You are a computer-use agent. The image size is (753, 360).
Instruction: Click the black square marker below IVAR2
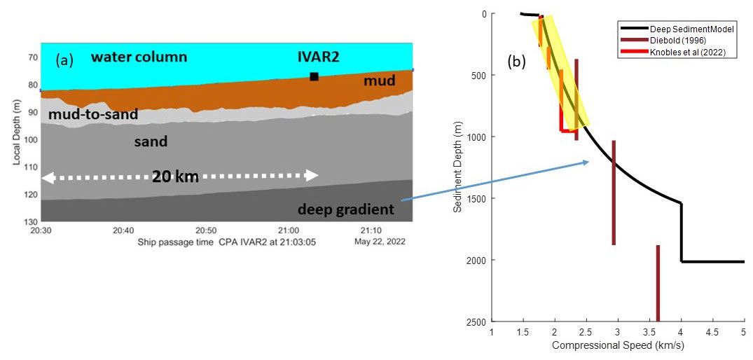point(314,76)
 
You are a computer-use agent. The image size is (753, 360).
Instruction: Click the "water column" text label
point(139,57)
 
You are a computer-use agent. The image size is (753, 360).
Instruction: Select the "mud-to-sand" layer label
point(93,114)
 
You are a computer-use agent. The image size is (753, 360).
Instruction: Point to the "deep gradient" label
point(345,209)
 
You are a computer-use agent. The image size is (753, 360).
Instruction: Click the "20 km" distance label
point(175,176)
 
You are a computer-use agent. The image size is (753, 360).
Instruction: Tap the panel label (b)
point(517,61)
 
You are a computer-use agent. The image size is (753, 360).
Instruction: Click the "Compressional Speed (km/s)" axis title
point(616,345)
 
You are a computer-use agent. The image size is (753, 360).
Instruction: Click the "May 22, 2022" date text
point(380,242)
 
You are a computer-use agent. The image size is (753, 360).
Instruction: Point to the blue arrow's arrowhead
point(586,162)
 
